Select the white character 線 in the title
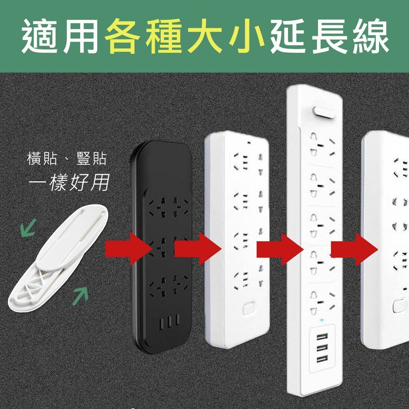(x=369, y=36)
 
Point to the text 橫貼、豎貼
(x=67, y=159)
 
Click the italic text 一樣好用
(x=69, y=182)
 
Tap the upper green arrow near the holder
(x=28, y=228)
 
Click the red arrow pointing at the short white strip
(x=198, y=249)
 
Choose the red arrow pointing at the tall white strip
(x=280, y=249)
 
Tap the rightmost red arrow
(x=355, y=249)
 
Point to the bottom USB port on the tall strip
(x=322, y=360)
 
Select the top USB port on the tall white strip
(x=322, y=336)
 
